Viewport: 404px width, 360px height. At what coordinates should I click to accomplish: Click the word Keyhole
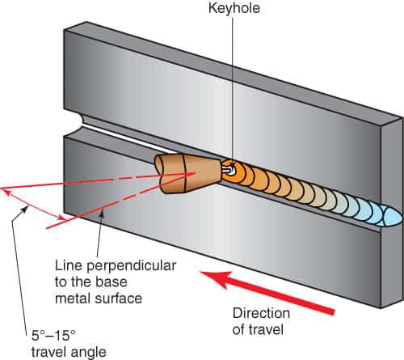coord(234,8)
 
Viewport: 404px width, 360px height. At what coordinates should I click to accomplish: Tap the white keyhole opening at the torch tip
coord(229,170)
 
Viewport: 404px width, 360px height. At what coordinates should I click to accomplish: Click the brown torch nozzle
coord(187,174)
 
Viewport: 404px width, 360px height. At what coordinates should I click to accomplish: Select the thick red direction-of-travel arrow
coord(267,292)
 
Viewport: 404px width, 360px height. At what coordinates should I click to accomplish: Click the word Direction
coord(261,313)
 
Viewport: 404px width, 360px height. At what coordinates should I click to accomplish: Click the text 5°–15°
coord(53,336)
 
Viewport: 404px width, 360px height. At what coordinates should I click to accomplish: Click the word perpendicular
coord(131,266)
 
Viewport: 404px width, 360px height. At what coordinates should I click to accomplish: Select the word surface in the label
coord(119,299)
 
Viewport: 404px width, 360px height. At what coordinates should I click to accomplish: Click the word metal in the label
coord(73,299)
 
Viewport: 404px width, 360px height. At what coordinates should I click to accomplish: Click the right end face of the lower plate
coord(393,267)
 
